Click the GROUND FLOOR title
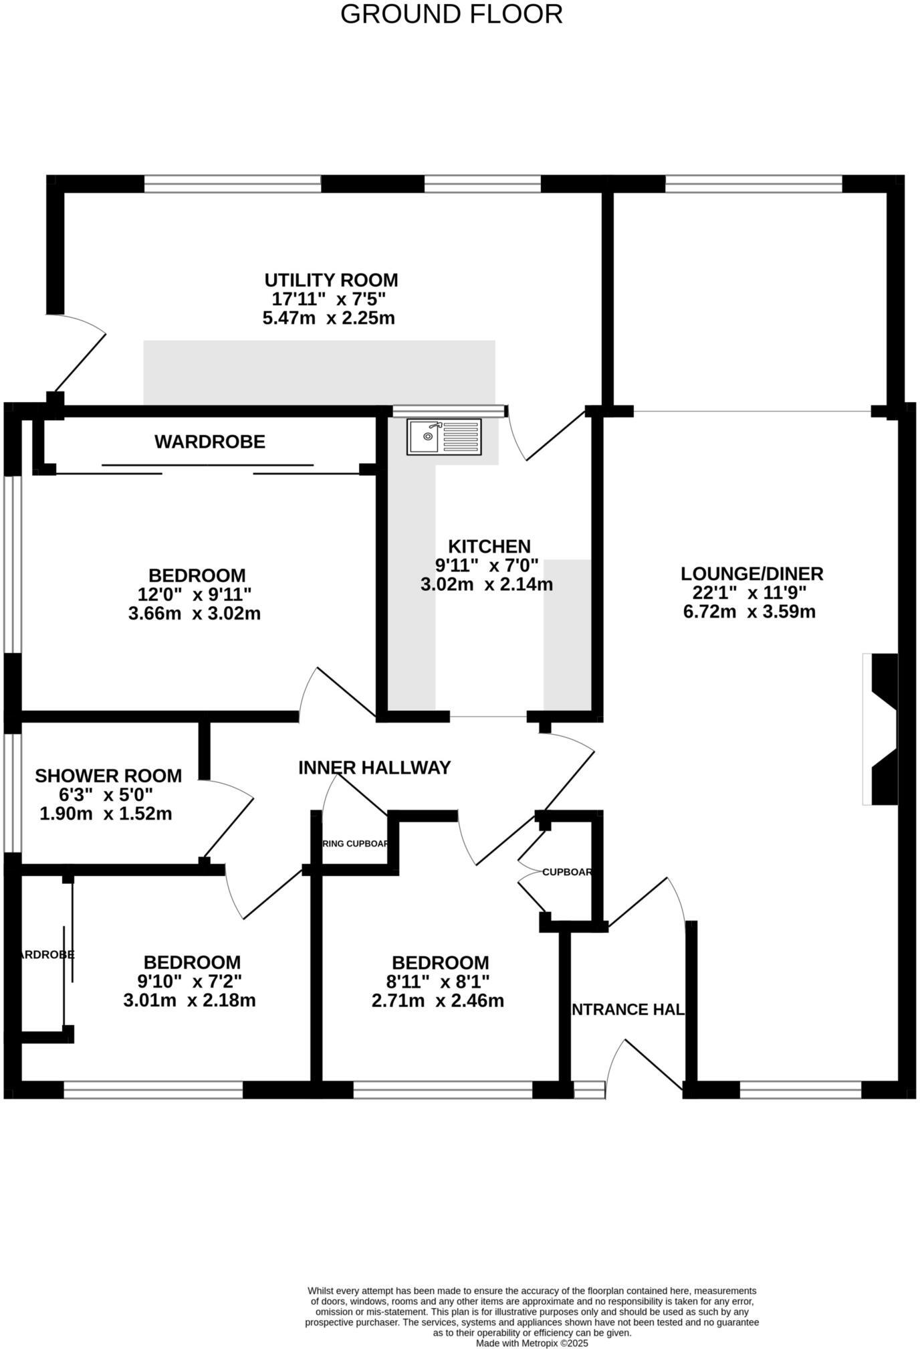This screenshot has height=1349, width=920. tap(451, 14)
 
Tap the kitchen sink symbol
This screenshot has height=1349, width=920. tap(443, 437)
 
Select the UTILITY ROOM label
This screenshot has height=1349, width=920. tap(331, 280)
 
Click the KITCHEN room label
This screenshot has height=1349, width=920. tap(489, 546)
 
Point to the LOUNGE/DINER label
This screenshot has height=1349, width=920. tap(752, 573)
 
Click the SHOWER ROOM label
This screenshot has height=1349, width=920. tap(108, 776)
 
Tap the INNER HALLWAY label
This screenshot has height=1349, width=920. tap(374, 768)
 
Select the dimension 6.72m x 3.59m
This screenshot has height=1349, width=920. tap(749, 612)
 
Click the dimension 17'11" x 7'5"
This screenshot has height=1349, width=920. tap(329, 299)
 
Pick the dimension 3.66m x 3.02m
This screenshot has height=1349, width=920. tap(194, 613)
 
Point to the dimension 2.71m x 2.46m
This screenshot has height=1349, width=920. tap(437, 1001)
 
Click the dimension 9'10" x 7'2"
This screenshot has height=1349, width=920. tap(189, 982)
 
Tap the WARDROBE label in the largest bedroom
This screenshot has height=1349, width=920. tap(210, 442)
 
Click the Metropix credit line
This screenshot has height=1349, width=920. tap(532, 1343)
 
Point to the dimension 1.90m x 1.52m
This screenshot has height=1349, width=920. tap(106, 814)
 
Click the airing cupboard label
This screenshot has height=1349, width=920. tap(355, 843)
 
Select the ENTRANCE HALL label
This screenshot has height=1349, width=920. tap(626, 1009)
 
